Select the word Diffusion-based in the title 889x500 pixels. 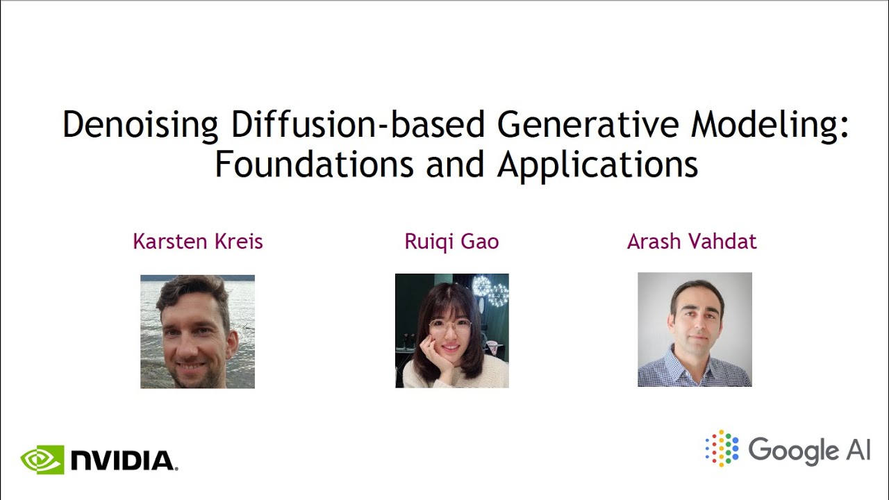(357, 124)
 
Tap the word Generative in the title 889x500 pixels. (588, 124)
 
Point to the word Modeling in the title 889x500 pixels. (768, 126)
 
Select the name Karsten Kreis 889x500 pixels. (197, 242)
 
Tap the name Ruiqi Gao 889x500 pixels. (451, 242)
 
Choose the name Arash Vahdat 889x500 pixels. (692, 242)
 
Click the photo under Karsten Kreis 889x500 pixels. (197, 331)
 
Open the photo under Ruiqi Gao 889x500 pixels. (451, 331)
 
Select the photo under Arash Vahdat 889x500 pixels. (695, 329)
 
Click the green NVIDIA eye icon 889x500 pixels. (42, 460)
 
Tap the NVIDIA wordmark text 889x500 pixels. (124, 460)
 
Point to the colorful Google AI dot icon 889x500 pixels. (722, 448)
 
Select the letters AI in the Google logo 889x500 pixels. (858, 449)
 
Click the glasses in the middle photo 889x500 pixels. (449, 325)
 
